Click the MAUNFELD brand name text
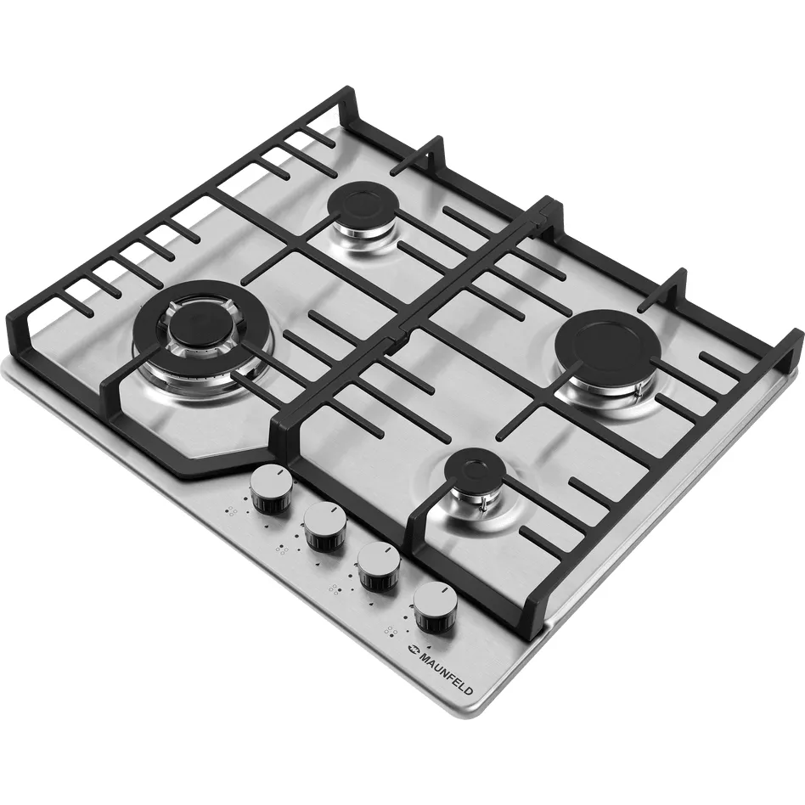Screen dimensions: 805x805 pyautogui.click(x=446, y=673)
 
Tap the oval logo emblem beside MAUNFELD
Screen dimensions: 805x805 pyautogui.click(x=411, y=649)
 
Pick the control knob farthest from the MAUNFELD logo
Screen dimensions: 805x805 pyautogui.click(x=272, y=490)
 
